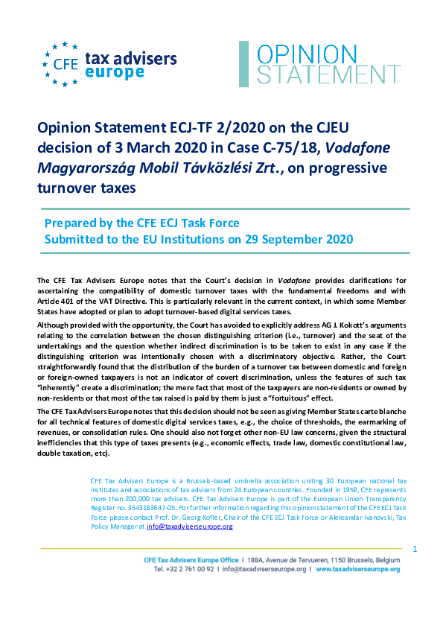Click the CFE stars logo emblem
(x=60, y=64)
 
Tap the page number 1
(x=414, y=550)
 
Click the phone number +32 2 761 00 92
(x=185, y=569)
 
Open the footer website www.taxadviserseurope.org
(x=358, y=569)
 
